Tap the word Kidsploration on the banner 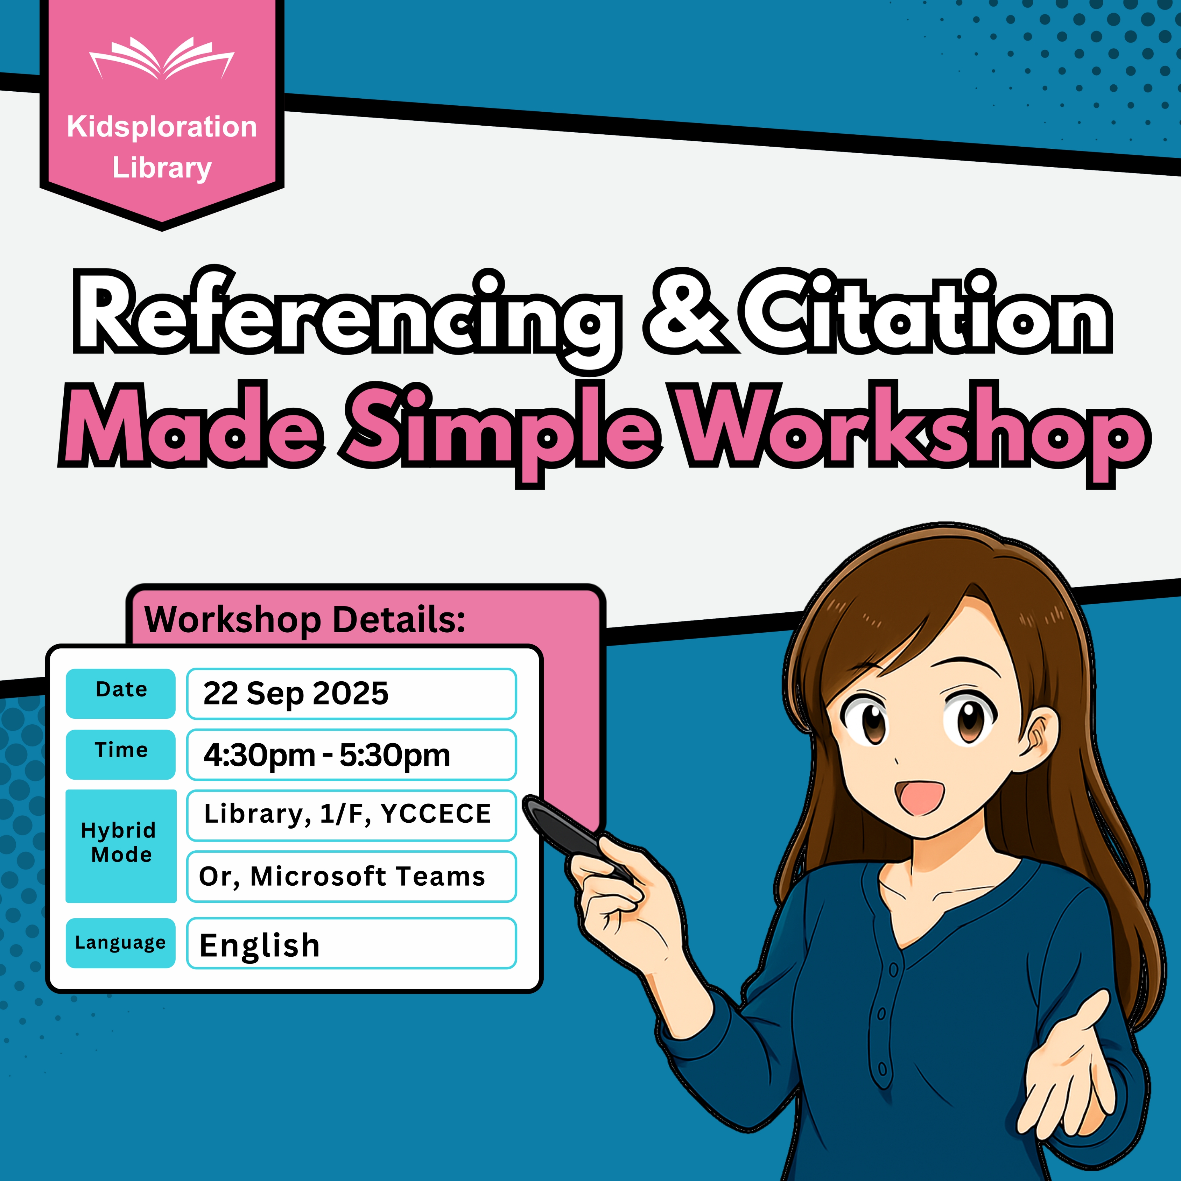162,127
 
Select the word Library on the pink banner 162,168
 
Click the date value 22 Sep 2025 296,693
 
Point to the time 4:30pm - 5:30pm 327,755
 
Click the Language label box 120,943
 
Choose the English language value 260,945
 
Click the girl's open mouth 919,795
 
